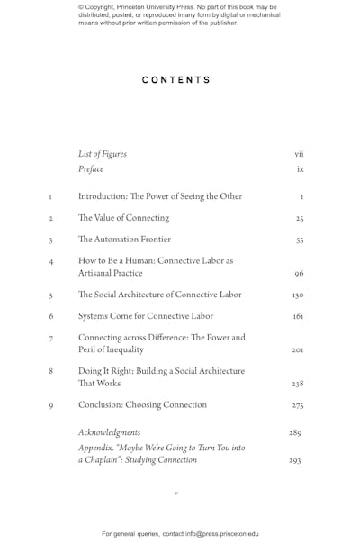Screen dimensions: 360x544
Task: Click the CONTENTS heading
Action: pos(176,80)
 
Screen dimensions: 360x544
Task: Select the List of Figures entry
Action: pos(103,154)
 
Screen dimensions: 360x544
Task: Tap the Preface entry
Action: pos(91,169)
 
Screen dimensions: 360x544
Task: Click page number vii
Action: pos(299,154)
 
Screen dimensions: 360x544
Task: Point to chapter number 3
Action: pos(51,241)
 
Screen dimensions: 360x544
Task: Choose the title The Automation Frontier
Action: pos(124,240)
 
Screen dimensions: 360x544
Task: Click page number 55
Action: pos(299,241)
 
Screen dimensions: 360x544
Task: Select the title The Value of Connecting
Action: pos(123,218)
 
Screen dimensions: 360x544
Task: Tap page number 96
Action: pos(299,274)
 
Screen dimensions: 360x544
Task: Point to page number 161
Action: pos(298,317)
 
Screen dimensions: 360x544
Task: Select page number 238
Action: pos(298,384)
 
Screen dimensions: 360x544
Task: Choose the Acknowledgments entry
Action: pos(110,432)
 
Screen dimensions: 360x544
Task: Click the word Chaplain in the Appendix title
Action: pos(102,459)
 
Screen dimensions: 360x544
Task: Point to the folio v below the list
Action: pos(176,494)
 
